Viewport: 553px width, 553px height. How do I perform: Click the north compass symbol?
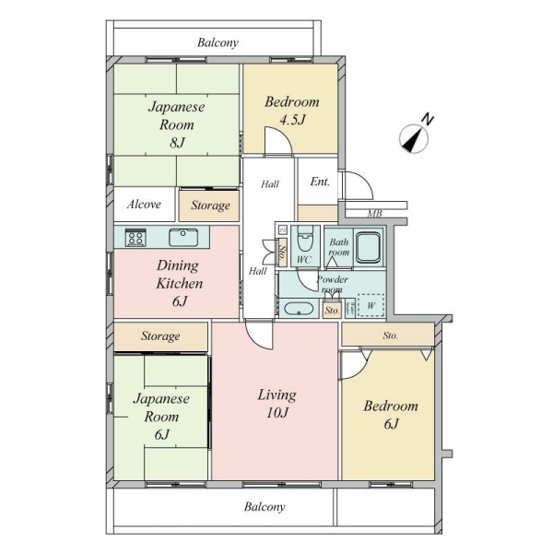[x=414, y=138]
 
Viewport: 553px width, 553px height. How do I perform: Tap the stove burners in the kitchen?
[x=135, y=237]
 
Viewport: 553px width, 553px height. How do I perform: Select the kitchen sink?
[x=183, y=238]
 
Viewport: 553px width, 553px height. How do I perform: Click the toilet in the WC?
[x=305, y=239]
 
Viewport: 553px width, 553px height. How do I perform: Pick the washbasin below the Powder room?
[x=299, y=309]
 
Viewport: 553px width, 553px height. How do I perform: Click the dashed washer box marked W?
[x=371, y=305]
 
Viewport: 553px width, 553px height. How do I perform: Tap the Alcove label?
[x=144, y=205]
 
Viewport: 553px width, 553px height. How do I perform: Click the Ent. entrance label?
[x=320, y=182]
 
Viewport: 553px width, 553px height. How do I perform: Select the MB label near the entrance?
[x=374, y=214]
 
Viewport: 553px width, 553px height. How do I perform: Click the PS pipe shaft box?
[x=283, y=230]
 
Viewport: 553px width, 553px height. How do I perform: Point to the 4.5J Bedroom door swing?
[x=278, y=140]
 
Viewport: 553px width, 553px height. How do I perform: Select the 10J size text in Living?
[x=277, y=412]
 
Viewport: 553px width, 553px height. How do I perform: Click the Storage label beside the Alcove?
[x=210, y=206]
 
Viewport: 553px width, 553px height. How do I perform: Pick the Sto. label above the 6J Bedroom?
[x=391, y=335]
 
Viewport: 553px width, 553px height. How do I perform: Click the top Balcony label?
[x=218, y=43]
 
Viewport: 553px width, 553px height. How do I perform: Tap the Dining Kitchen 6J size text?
[x=180, y=301]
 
